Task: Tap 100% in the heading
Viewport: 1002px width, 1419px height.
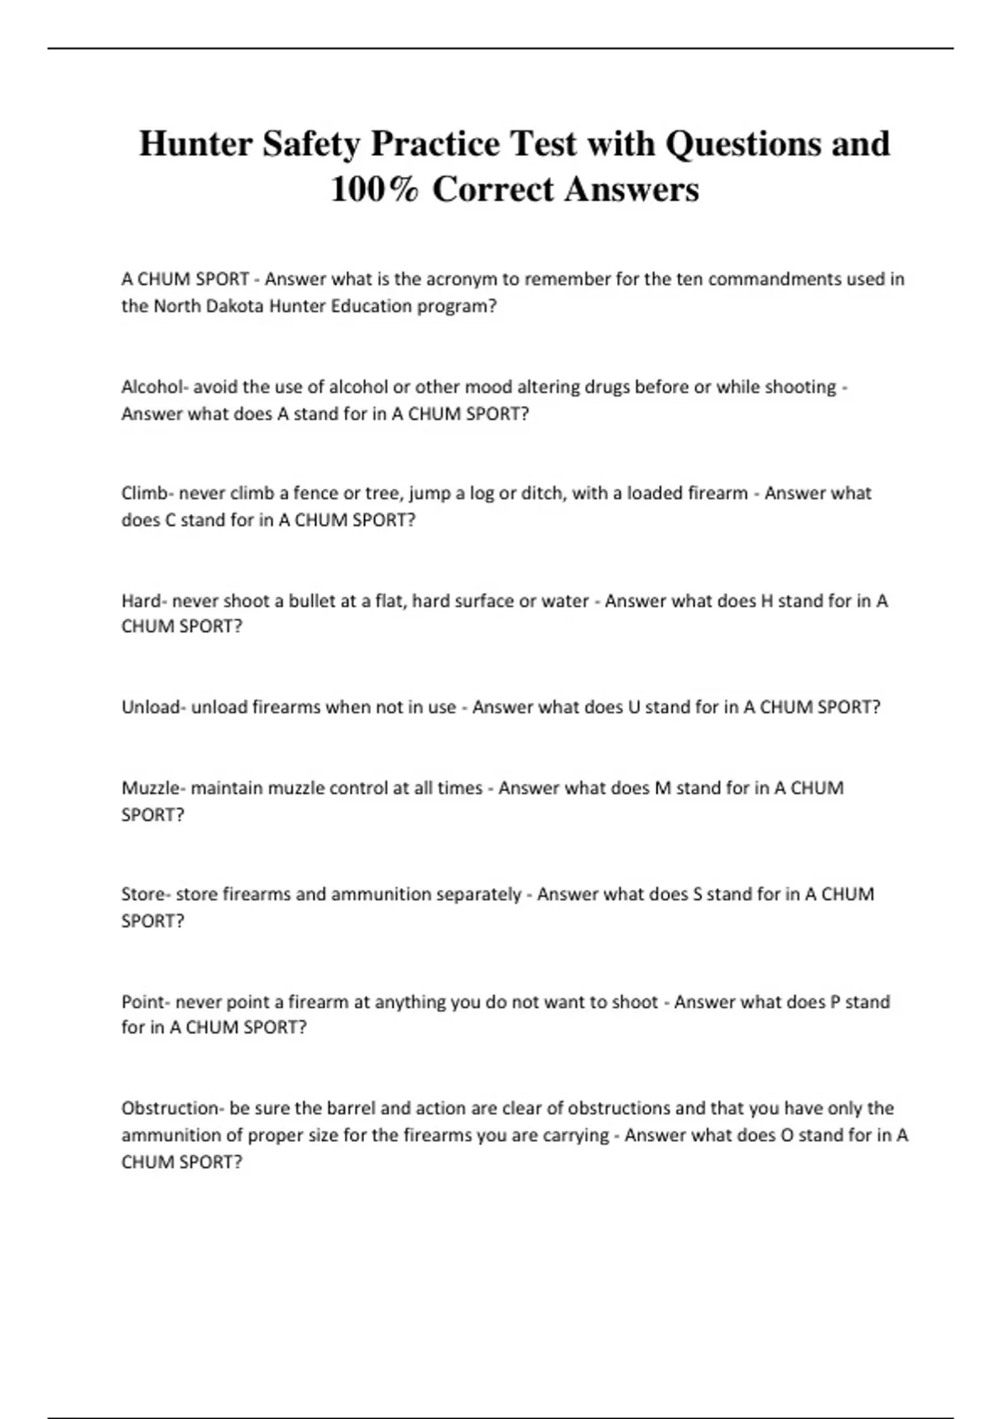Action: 374,189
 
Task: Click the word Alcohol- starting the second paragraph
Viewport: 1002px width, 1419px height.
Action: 154,386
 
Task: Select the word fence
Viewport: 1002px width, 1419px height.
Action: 315,493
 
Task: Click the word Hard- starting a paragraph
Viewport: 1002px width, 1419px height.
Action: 144,601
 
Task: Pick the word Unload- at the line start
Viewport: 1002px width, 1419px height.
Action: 154,708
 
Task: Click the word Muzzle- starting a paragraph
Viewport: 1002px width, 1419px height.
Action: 154,788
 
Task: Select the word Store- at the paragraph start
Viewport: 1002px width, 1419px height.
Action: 146,895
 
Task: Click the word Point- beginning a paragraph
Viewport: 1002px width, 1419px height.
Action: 146,1002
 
